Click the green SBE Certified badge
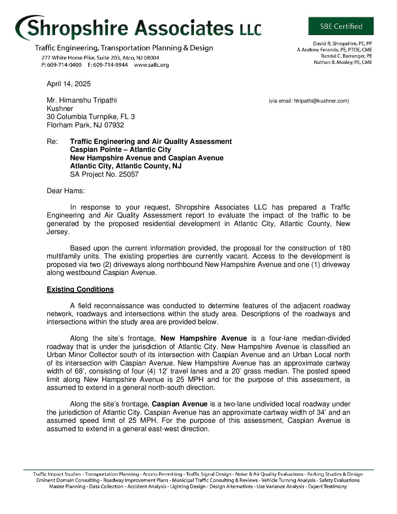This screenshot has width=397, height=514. [341, 26]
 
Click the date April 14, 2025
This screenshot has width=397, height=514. [69, 84]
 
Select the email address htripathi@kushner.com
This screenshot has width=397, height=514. [321, 101]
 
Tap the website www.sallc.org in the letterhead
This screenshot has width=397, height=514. [151, 65]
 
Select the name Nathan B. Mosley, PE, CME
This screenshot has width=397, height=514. [343, 62]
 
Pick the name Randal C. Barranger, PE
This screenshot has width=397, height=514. [346, 56]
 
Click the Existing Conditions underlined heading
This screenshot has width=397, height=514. [80, 289]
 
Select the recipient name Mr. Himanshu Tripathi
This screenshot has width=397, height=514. [82, 100]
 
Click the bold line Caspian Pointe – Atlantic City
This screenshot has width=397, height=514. [120, 150]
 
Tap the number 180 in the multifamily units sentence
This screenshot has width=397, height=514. [344, 248]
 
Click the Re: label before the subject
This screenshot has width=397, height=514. [53, 142]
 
